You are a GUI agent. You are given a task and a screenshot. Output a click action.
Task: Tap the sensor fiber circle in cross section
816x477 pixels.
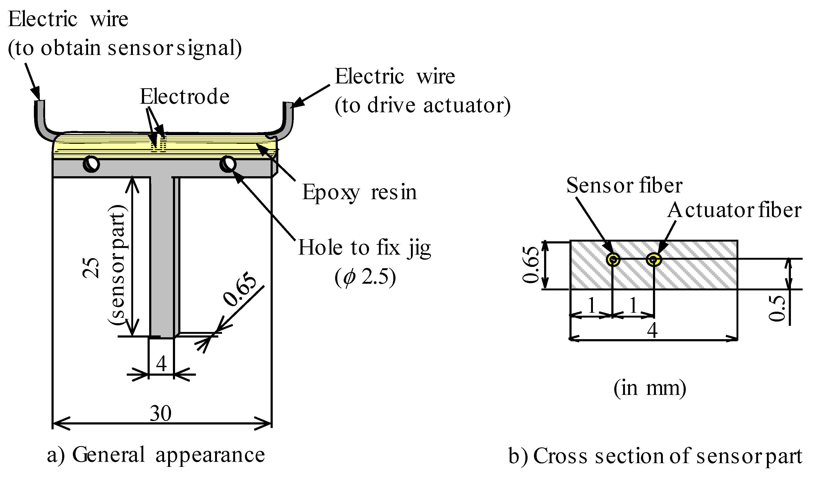613,259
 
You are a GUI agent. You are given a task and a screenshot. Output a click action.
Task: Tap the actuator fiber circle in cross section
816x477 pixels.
654,259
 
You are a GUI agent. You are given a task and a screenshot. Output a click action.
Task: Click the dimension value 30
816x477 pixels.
161,414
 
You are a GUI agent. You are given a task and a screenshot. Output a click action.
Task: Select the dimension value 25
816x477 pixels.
91,268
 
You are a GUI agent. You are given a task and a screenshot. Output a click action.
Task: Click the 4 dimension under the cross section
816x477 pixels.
652,331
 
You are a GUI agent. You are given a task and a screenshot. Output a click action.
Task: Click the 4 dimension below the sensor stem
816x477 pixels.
161,364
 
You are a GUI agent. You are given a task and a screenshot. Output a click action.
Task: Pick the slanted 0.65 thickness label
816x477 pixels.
240,289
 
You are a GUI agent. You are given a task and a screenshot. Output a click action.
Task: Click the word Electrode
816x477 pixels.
185,97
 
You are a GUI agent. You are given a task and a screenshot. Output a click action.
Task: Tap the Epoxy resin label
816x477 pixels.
359,192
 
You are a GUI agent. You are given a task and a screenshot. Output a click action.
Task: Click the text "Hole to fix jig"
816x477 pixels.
364,248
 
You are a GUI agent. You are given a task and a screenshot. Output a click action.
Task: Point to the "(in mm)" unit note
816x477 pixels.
649,388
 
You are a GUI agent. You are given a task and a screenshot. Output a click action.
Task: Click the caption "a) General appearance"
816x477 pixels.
156,455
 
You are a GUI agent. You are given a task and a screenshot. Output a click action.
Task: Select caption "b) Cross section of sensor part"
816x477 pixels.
655,456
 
